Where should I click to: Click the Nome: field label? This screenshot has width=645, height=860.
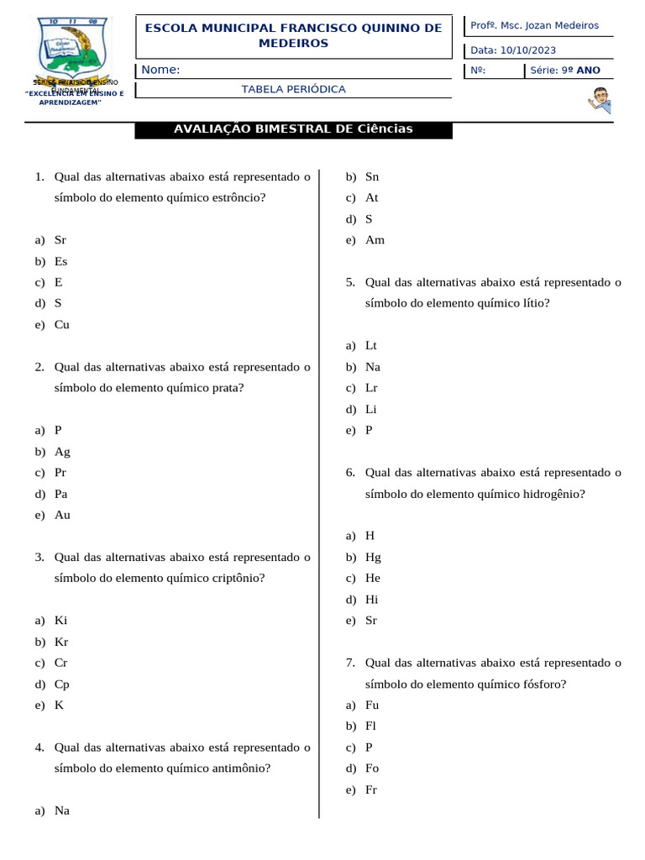click(160, 70)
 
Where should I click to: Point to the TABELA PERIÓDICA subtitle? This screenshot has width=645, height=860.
click(293, 89)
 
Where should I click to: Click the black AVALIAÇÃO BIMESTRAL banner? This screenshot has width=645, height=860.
click(293, 129)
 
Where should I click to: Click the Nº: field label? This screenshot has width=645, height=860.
click(478, 71)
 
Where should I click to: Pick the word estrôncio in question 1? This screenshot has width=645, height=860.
click(237, 198)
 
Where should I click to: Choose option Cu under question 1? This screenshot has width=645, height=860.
click(62, 324)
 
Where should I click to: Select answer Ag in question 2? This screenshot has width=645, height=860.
click(62, 451)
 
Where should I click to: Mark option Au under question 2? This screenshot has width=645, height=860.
click(62, 515)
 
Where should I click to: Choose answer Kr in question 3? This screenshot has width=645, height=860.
click(61, 642)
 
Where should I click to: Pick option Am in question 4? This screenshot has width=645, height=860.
click(375, 240)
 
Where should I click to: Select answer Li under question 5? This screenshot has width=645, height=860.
click(371, 409)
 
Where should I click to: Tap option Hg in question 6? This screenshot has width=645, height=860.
click(373, 557)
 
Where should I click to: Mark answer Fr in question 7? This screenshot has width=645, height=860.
click(371, 789)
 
